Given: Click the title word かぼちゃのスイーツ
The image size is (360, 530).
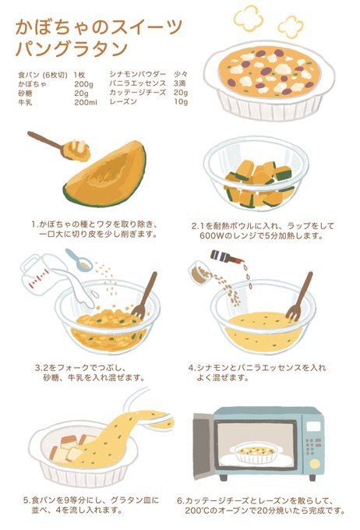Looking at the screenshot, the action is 99,28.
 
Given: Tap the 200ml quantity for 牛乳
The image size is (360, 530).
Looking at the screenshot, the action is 86,102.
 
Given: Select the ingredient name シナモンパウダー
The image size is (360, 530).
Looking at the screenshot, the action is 138,74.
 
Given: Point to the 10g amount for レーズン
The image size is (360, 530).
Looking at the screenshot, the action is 181,102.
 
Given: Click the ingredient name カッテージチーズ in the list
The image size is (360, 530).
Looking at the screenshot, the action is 138,93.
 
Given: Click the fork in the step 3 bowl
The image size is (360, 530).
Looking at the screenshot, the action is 144,295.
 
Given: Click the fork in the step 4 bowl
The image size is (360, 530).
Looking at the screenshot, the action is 299,296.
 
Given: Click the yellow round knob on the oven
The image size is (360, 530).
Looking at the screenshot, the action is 315,464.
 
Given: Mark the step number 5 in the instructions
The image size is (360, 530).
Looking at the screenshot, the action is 26,500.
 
